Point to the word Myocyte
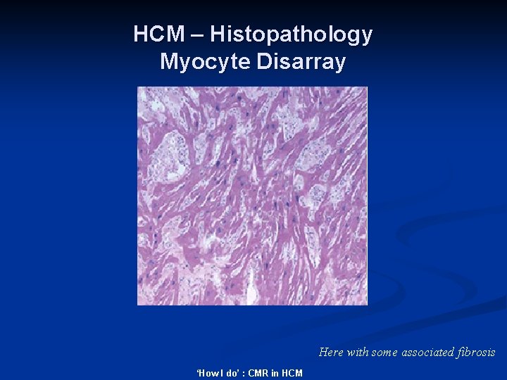(206, 62)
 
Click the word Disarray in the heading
(301, 62)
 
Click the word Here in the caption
(331, 352)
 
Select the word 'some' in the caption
(385, 352)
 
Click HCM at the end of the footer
(292, 373)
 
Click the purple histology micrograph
(252, 196)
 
